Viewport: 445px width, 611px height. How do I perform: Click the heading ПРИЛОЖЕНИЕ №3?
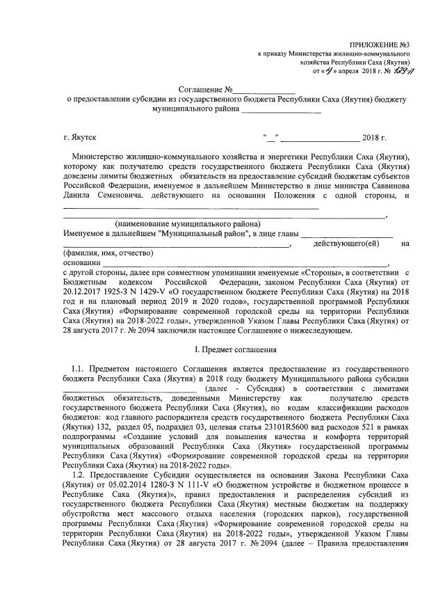380,44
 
